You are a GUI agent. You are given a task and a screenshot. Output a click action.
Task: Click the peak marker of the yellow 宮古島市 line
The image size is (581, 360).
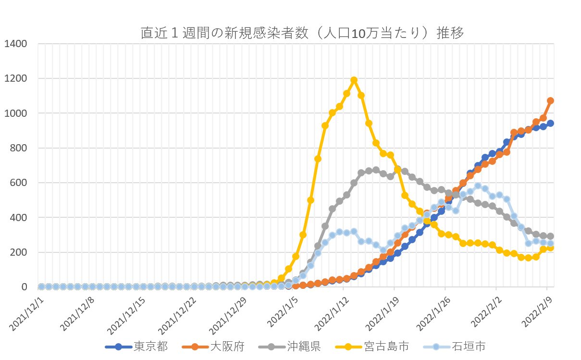tap(354, 80)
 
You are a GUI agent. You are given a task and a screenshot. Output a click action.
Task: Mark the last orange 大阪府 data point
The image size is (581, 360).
tap(550, 101)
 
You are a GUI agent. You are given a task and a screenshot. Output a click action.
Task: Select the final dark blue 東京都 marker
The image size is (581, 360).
tap(550, 124)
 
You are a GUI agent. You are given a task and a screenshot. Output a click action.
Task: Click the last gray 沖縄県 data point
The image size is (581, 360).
tap(550, 236)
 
